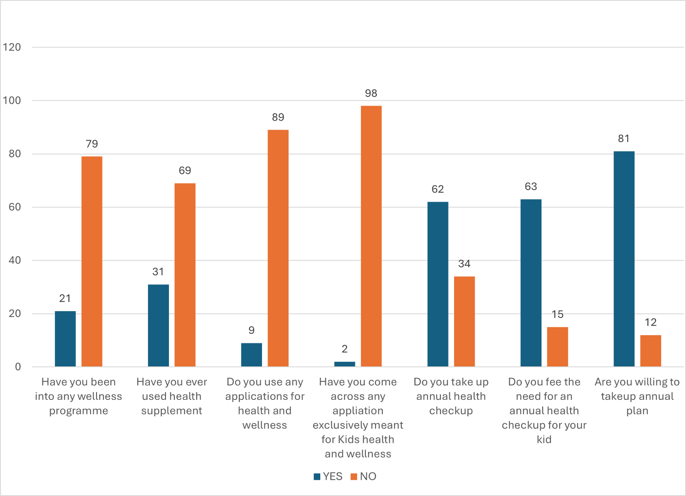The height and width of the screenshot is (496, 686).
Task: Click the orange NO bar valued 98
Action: [371, 236]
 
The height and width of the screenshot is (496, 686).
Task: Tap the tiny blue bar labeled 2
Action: [345, 364]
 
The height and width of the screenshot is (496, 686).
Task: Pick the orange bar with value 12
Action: [650, 351]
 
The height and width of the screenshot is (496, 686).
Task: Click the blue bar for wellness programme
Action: [65, 339]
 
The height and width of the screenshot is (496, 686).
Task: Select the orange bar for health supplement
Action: [185, 275]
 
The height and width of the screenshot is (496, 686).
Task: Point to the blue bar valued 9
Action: [251, 354]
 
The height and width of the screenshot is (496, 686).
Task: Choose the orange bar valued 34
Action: [464, 321]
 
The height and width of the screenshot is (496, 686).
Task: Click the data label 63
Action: [531, 187]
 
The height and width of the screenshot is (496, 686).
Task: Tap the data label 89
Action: [278, 117]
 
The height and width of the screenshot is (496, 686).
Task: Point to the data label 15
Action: [557, 315]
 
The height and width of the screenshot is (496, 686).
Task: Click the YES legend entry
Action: [328, 476]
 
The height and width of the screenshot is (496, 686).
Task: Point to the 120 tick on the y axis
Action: [12, 47]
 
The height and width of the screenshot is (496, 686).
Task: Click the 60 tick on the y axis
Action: [15, 207]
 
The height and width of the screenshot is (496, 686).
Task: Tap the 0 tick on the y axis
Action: [18, 367]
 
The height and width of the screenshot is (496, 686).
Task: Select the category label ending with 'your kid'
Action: [544, 410]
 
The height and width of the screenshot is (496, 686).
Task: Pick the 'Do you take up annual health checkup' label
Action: [451, 396]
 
